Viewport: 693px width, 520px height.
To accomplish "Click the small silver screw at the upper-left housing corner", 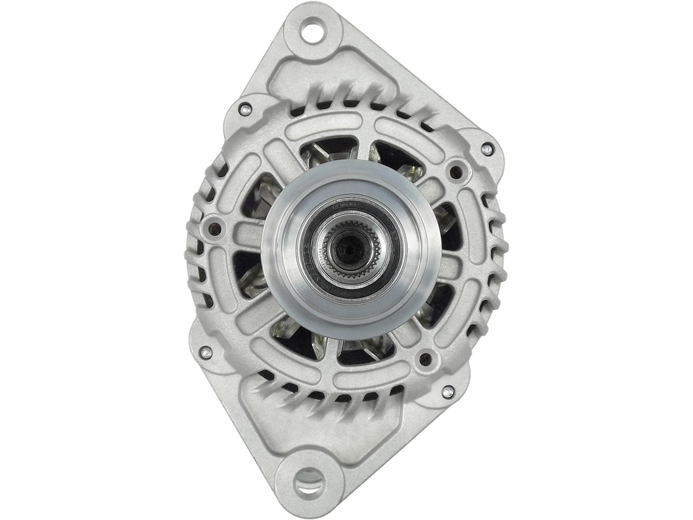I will tap(244, 108).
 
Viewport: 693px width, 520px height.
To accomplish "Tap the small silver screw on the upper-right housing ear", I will tap(487, 149).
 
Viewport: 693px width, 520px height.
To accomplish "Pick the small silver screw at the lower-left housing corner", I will tap(206, 352).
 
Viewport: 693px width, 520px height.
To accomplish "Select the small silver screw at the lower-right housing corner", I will tap(448, 391).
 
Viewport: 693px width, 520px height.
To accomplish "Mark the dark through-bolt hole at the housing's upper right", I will tap(456, 171).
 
